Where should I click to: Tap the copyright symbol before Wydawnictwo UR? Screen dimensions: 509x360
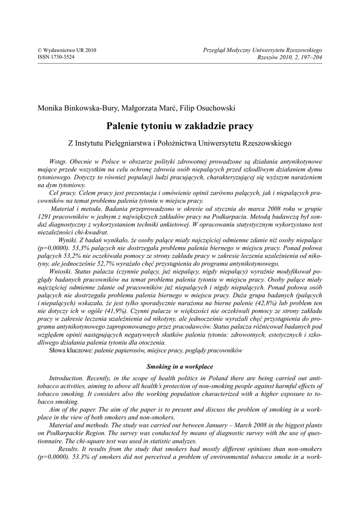[40, 50]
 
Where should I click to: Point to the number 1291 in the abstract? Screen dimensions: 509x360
[46, 216]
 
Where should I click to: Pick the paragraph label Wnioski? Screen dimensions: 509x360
[61, 271]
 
